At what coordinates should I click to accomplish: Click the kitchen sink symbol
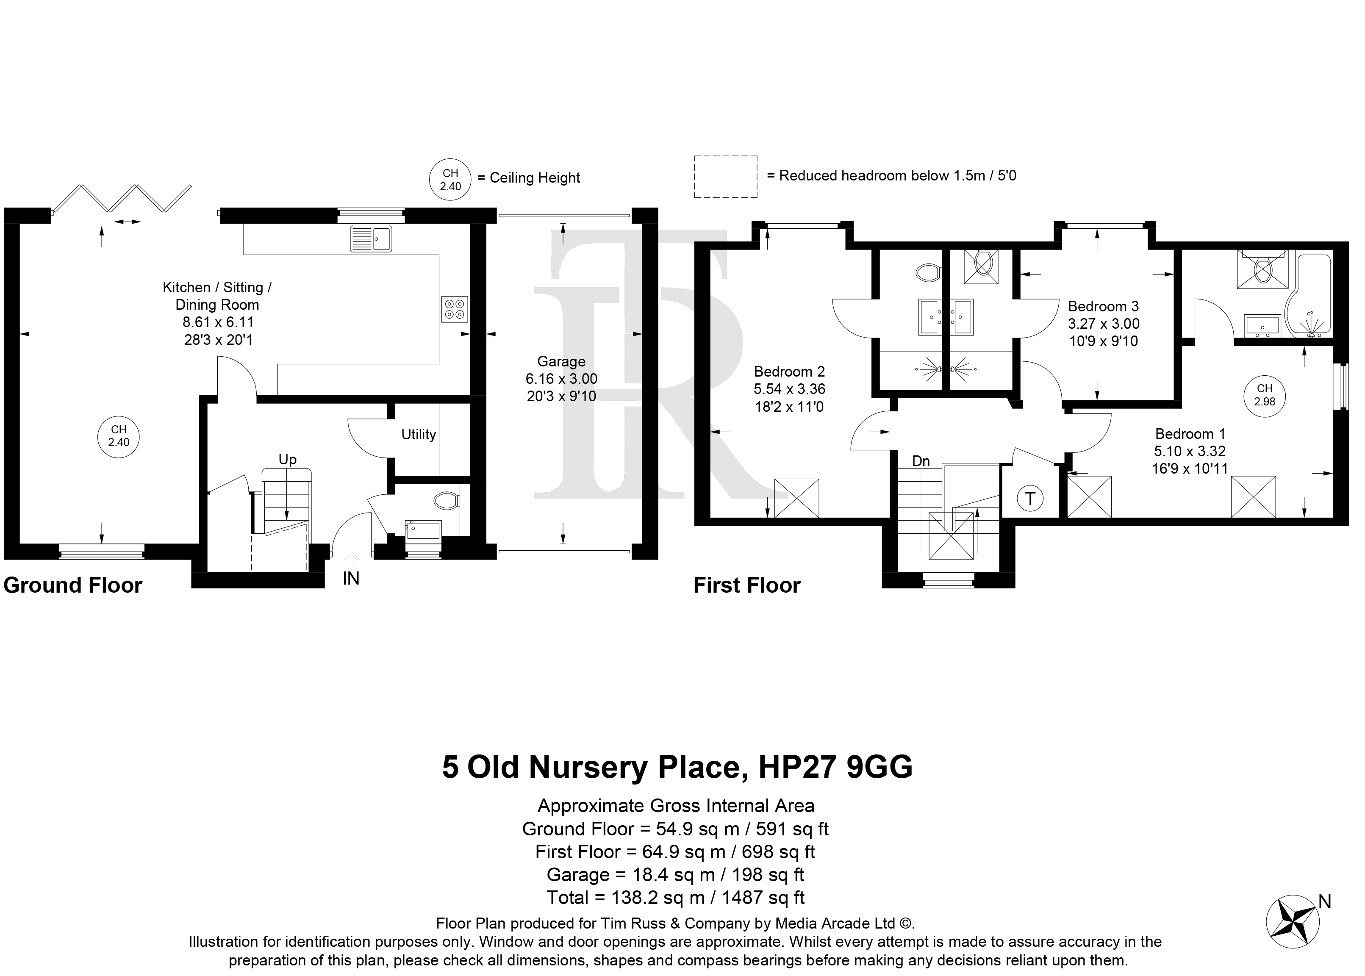(371, 238)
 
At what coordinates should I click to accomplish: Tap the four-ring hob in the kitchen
(455, 309)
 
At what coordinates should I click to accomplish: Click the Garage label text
(561, 361)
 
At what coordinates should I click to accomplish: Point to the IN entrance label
(351, 578)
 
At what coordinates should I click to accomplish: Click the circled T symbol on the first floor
(1031, 498)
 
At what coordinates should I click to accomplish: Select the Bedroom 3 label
(1104, 307)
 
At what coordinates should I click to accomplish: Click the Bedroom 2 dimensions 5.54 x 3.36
(789, 389)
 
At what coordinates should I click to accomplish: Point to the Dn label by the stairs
(921, 461)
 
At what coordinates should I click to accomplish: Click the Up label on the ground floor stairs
(287, 460)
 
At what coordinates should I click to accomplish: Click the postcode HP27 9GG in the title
(835, 767)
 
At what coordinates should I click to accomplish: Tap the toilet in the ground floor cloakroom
(446, 499)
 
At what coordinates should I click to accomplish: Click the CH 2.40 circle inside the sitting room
(118, 436)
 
